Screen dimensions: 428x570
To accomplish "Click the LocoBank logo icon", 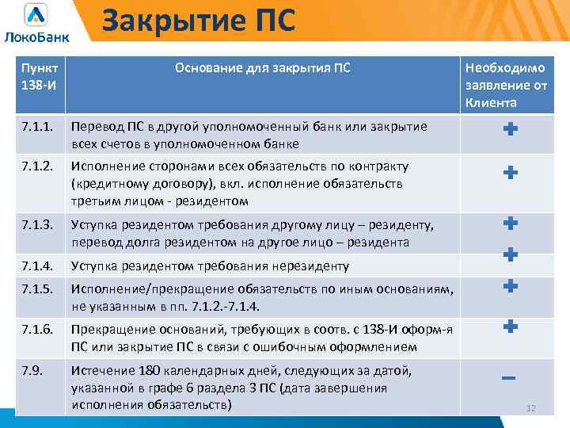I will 36,14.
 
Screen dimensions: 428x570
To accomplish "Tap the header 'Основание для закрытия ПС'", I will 262,68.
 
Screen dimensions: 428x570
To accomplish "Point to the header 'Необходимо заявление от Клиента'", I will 511,86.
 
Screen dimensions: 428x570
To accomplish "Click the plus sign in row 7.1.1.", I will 511,130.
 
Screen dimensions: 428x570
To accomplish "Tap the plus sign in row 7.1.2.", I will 511,172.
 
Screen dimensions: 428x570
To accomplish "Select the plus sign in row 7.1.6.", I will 511,325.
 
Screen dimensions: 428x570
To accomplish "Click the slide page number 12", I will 531,408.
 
